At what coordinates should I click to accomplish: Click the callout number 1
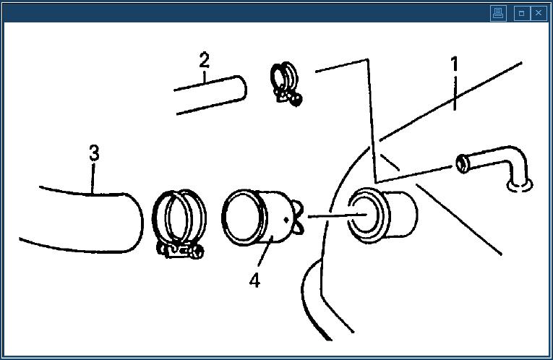point(455,64)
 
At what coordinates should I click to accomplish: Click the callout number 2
point(204,60)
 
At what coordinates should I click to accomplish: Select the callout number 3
point(94,153)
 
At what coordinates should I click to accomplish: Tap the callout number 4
point(254,280)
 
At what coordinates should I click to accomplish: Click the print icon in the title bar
point(498,14)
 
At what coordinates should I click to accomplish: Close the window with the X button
point(539,14)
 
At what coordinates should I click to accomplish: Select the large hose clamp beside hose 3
point(179,223)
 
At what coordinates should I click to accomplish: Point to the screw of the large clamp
point(181,251)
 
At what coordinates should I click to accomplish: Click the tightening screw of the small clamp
point(290,98)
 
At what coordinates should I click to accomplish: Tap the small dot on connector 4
point(286,220)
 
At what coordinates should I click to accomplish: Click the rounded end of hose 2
point(242,88)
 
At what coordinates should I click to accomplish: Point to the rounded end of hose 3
point(136,223)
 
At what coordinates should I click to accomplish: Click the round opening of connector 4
point(242,217)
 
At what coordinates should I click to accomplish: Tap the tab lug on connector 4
point(298,217)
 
